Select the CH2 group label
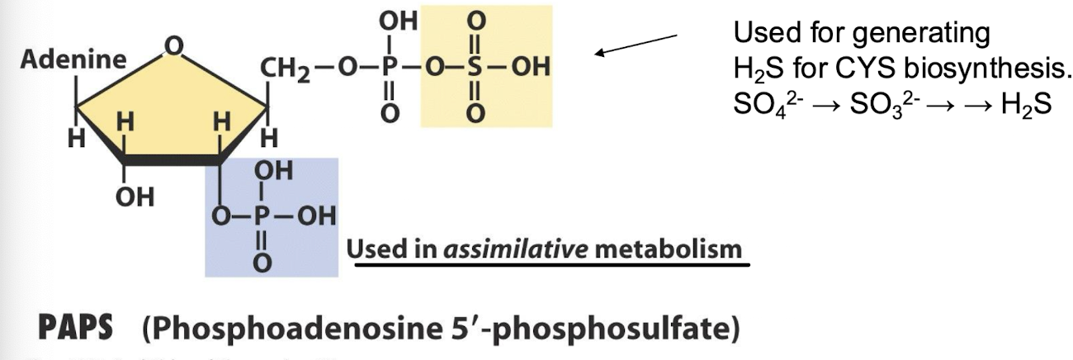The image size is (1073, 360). [x=285, y=67]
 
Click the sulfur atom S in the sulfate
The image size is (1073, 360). [x=474, y=67]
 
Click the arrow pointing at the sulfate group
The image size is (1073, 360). [x=636, y=45]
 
